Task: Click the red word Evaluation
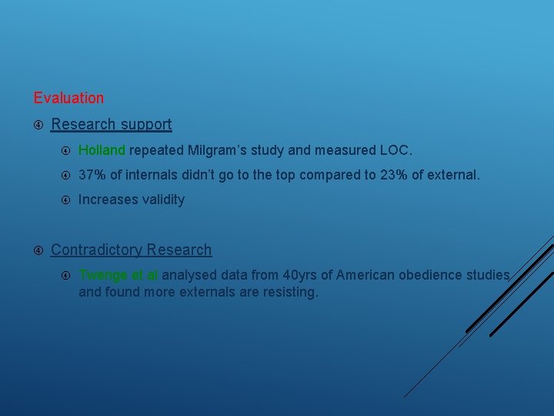(x=68, y=98)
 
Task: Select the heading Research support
(x=111, y=124)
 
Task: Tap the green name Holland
(x=103, y=150)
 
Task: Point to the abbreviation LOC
(x=395, y=150)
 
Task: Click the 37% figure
(x=92, y=175)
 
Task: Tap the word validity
(x=162, y=200)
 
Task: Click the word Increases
(x=106, y=200)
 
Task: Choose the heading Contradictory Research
(x=131, y=250)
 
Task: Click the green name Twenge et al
(x=118, y=275)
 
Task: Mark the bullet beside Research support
(x=38, y=124)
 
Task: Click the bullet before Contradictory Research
(x=38, y=250)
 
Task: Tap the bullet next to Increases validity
(x=66, y=200)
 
